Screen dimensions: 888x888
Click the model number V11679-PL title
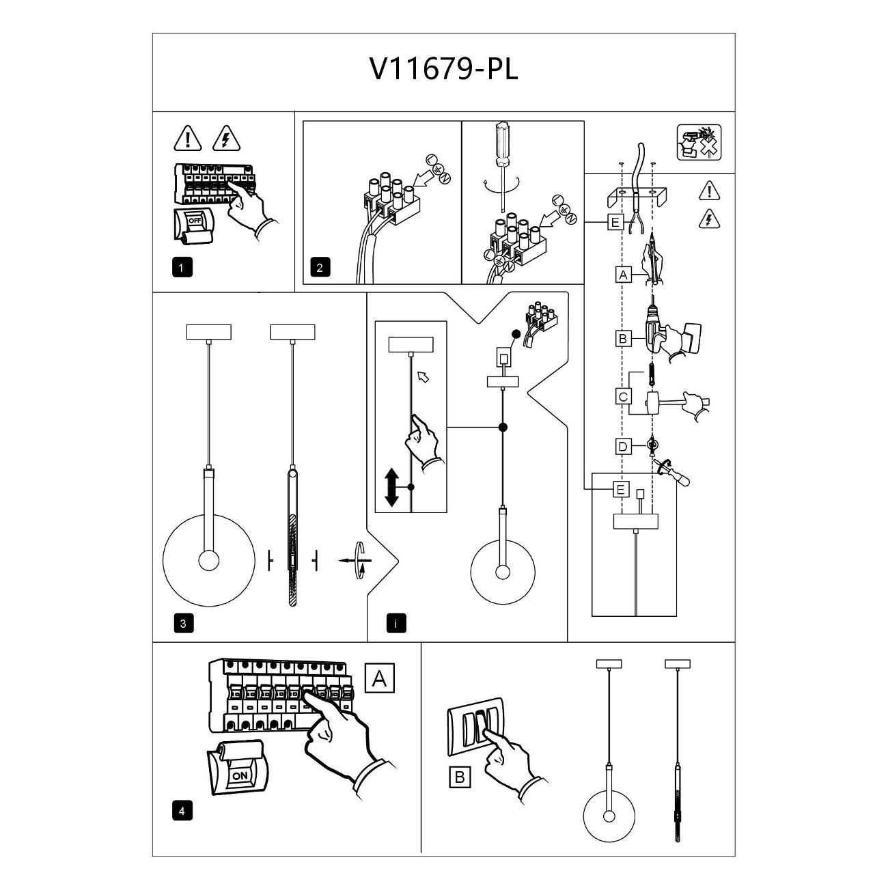(x=443, y=69)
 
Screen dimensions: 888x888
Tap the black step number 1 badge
(x=182, y=267)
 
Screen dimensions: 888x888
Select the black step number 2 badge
(x=319, y=267)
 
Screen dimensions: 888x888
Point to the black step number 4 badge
(x=182, y=811)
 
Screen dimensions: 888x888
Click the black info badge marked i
(x=396, y=623)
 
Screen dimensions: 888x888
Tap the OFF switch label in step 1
(x=195, y=221)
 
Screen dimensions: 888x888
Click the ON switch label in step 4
(x=240, y=775)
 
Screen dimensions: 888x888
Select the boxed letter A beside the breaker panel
(x=380, y=678)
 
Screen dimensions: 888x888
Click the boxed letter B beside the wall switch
(x=460, y=777)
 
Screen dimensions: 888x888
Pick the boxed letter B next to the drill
(x=622, y=338)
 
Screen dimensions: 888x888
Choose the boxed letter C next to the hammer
(x=622, y=397)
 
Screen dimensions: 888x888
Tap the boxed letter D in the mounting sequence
(x=622, y=447)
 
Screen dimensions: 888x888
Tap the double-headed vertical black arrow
(x=391, y=487)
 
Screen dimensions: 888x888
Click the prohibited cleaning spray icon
(x=699, y=143)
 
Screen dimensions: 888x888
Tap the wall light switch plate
(x=475, y=731)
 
